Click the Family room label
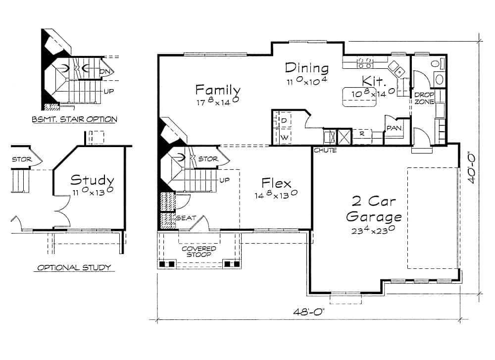[x=218, y=90]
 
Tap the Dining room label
[x=306, y=68]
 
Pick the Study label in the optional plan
[x=92, y=180]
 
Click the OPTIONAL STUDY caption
[x=74, y=267]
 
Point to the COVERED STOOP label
[x=198, y=251]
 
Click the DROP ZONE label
[x=424, y=98]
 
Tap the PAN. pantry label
[x=394, y=128]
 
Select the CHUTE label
[x=325, y=150]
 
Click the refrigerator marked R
[x=362, y=134]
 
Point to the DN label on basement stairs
[x=103, y=72]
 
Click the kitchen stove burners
[x=365, y=62]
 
